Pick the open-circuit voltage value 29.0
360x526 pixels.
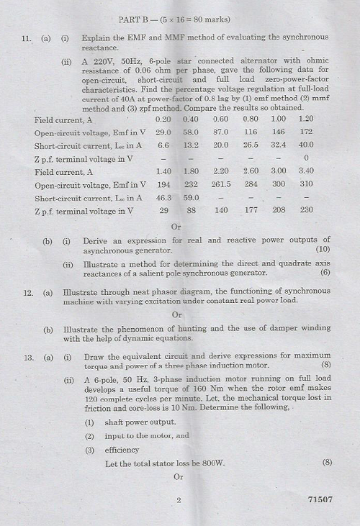click(163, 132)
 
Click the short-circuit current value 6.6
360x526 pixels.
click(163, 145)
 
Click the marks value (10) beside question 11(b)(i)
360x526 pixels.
click(323, 249)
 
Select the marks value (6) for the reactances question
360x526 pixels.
click(325, 272)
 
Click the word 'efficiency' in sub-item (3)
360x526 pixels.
click(124, 450)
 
